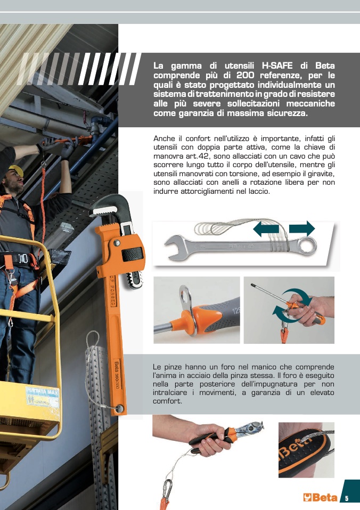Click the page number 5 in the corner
347,498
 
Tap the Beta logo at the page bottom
320,498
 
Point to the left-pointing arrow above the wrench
266,229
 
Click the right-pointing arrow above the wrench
302,229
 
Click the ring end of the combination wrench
308,246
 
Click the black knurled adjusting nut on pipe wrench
132,254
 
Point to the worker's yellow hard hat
17,170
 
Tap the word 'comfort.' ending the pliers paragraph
167,401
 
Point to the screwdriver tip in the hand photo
252,285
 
